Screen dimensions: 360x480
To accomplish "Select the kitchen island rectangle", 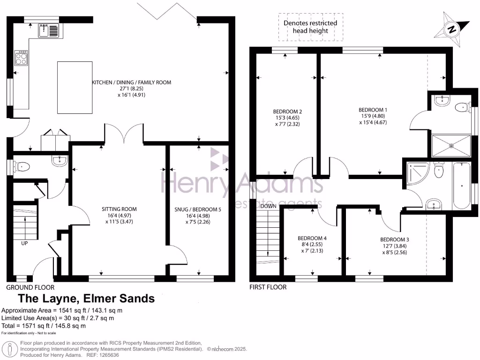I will coord(70,87).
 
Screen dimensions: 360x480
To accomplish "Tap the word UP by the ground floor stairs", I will coord(24,243).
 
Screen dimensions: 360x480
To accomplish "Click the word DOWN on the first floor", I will coord(268,206).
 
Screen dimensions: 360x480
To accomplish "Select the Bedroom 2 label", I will coord(287,111).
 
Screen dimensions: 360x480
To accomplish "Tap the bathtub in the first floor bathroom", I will coord(462,186).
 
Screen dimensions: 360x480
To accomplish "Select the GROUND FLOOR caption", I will coord(30,287).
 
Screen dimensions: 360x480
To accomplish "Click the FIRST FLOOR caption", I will coord(268,287).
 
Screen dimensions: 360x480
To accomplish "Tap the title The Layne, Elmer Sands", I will coord(86,299).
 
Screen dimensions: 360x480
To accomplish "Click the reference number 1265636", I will coord(106,355).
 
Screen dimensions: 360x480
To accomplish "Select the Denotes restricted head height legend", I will coord(310,27).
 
